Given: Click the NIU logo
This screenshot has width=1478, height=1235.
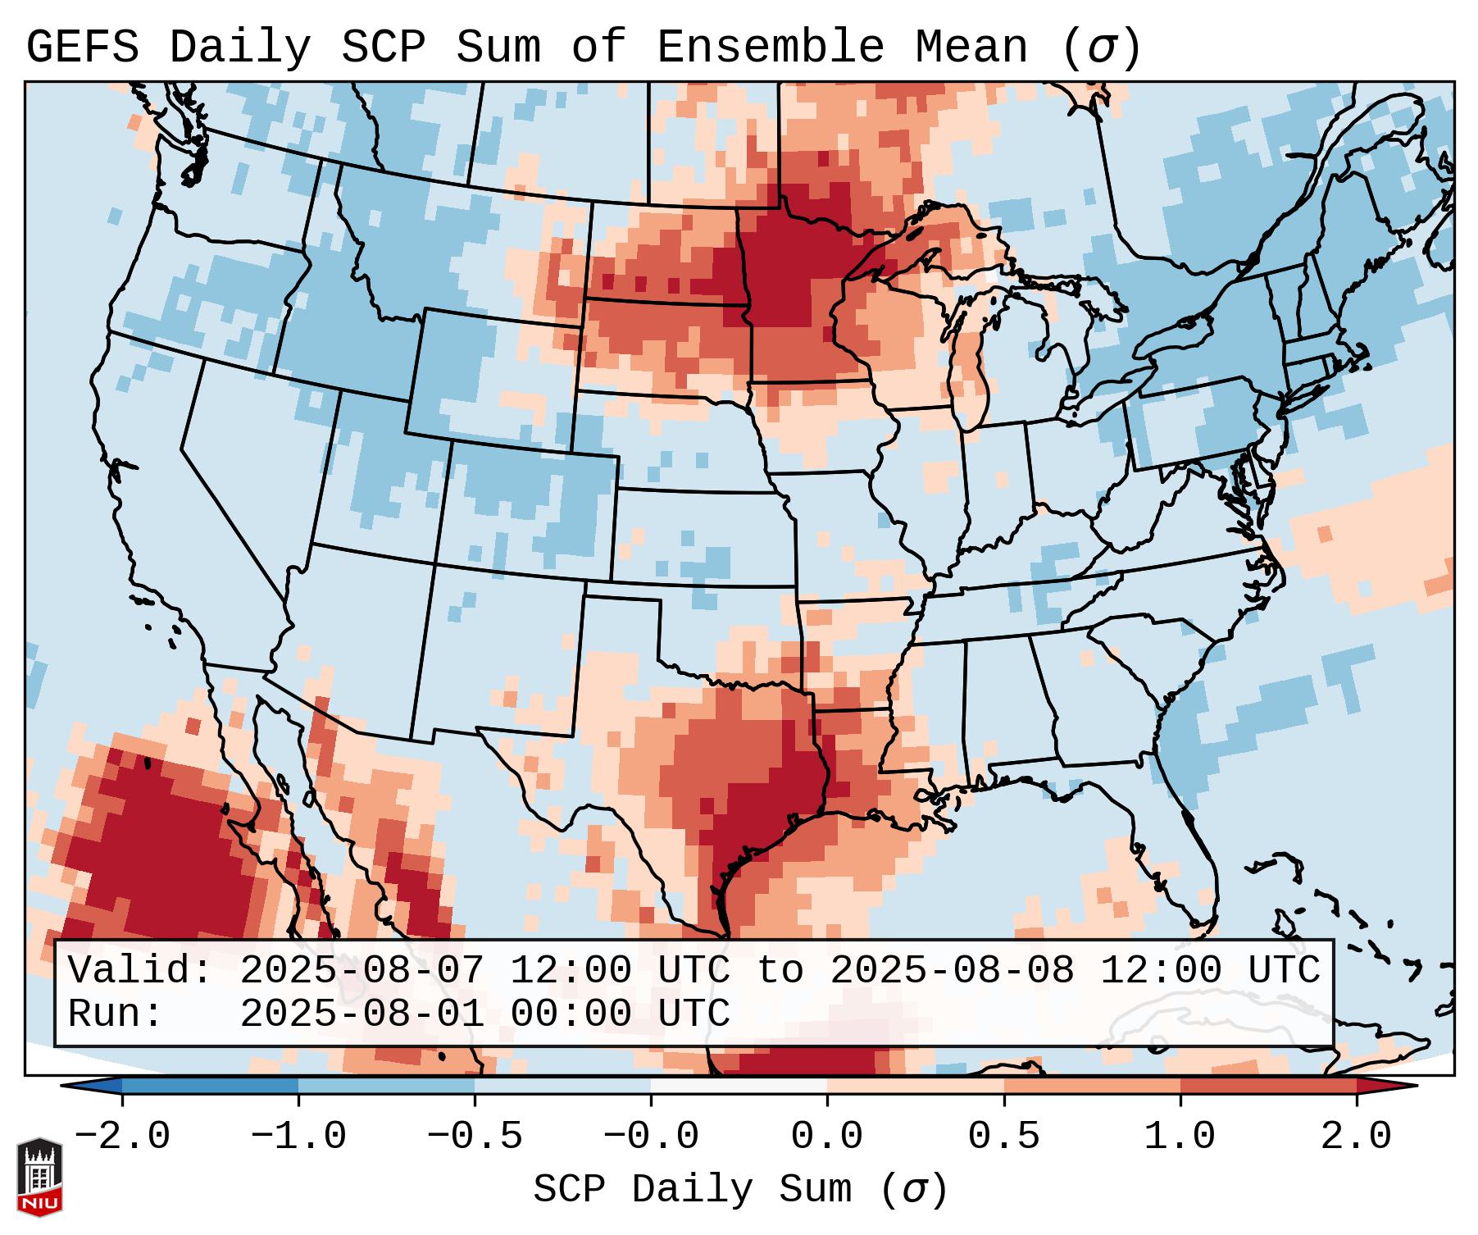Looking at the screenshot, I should pos(39,1177).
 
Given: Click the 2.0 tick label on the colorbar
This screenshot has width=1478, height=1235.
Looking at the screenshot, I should pos(1356,1137).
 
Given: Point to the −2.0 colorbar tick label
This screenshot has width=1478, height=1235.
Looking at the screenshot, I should pos(122,1137).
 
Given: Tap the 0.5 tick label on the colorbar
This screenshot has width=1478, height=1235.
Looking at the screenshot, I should pos(1003,1137).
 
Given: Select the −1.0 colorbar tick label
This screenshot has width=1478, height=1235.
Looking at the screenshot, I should pos(298,1137).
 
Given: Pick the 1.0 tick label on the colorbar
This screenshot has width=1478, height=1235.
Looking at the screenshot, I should pos(1180,1137).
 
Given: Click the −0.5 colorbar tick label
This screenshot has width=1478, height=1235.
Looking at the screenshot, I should pos(475,1137).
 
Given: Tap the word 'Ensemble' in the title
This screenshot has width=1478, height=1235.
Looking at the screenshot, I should pos(770,48).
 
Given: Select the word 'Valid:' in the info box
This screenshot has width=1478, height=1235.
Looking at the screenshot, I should pos(140,970).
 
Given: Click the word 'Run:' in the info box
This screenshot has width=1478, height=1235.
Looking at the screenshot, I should pos(116,1014).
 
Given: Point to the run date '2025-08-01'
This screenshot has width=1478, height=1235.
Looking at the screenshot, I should pos(362,1014).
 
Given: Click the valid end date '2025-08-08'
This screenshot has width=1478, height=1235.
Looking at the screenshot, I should pos(952,970).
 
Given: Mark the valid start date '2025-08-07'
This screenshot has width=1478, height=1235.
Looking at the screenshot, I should pos(362,970).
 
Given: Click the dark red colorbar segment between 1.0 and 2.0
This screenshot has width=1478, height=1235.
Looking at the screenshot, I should pos(1267,1086).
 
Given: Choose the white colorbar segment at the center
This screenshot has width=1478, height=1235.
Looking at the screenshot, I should pos(739,1086).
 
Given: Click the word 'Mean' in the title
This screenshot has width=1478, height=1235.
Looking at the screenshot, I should pos(971,48).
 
